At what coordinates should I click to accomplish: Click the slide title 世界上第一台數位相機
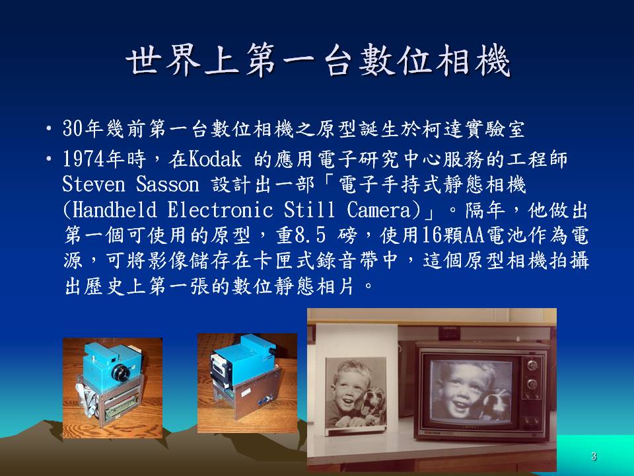click(x=318, y=61)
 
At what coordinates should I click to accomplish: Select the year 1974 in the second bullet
click(x=84, y=159)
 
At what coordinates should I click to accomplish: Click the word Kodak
click(x=215, y=159)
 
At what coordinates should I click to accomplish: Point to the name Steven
click(x=94, y=184)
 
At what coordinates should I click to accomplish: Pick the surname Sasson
click(x=167, y=184)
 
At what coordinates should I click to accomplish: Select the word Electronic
click(x=220, y=210)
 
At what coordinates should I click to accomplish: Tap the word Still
click(x=309, y=210)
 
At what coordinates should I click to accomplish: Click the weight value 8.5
click(x=310, y=235)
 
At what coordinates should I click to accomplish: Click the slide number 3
click(x=594, y=456)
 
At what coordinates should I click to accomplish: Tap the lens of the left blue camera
click(x=120, y=372)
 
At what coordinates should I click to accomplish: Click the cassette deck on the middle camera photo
click(x=221, y=367)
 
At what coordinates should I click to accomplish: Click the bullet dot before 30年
click(x=49, y=129)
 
